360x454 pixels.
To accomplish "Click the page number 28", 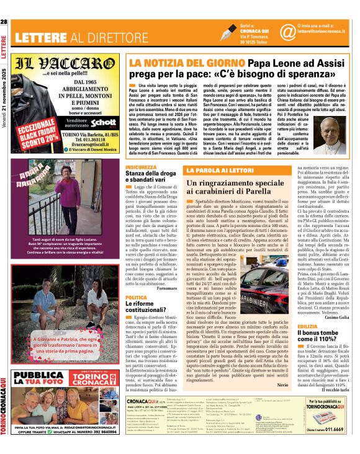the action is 4,23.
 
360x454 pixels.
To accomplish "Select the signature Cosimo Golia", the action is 336,316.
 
